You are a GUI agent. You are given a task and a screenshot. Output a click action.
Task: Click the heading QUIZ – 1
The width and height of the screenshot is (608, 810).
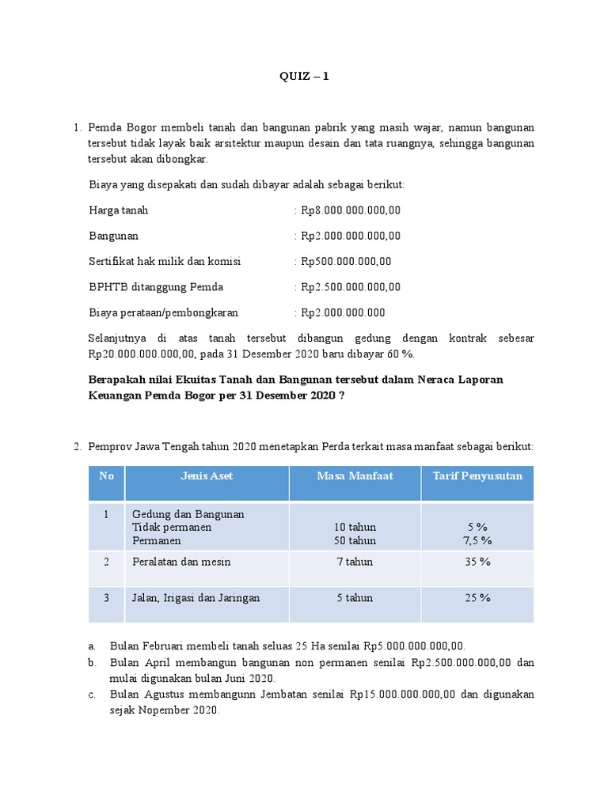pos(304,77)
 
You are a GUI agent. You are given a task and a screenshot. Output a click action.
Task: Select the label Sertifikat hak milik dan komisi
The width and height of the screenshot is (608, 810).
pos(165,261)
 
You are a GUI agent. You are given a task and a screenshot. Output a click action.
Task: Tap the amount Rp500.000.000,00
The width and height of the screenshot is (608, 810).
pos(346,261)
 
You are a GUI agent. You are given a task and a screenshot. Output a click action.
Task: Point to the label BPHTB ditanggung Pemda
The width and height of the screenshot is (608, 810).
pos(156,286)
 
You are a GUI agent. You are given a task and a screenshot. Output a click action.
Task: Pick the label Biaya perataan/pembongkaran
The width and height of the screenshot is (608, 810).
pos(164,312)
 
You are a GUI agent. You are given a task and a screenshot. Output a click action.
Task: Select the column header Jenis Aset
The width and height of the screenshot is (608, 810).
pos(207,475)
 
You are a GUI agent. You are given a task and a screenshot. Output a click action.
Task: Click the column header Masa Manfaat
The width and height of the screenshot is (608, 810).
pos(355,475)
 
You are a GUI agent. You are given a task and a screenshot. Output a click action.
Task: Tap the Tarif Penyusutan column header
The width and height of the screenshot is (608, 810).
pos(477,475)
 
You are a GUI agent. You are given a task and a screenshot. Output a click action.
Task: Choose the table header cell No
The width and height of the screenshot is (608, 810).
pos(107,475)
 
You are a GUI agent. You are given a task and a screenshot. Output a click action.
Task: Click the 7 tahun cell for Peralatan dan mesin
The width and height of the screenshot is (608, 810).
pos(355,562)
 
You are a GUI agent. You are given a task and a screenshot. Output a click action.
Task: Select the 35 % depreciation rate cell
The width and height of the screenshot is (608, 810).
pos(477,562)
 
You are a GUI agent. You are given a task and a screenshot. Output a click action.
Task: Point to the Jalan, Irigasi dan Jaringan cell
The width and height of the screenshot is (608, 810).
pos(196,598)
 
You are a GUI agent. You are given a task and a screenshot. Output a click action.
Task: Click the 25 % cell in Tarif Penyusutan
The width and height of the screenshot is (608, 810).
pos(477,598)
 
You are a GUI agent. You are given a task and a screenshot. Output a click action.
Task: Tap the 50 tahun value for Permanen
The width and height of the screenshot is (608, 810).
pos(355,541)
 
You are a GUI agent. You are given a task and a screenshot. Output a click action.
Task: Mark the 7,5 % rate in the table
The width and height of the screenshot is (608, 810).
pos(477,541)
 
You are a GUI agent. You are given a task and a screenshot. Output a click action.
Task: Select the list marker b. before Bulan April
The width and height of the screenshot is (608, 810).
pos(92,662)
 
